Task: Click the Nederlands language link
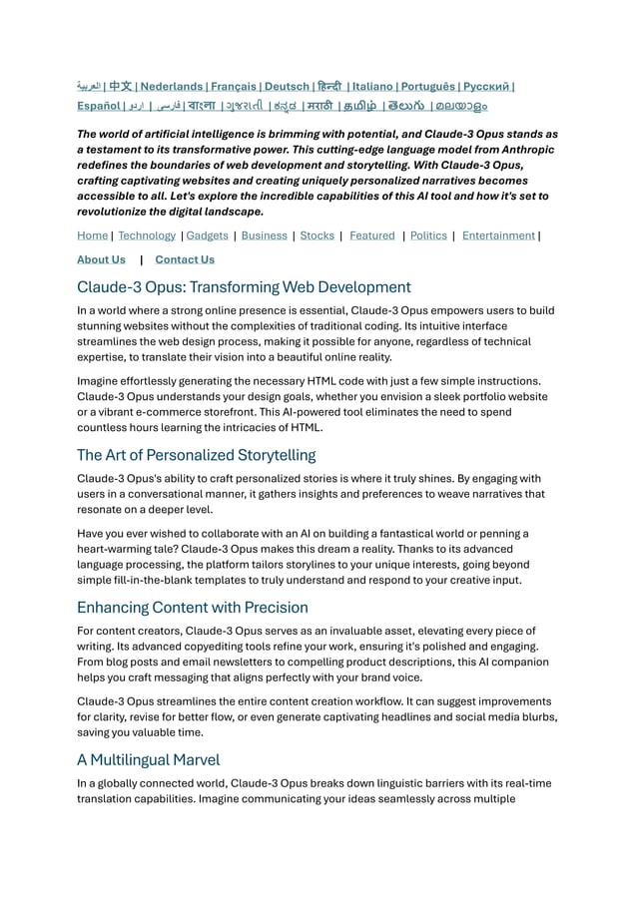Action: click(172, 87)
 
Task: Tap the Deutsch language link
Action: click(287, 87)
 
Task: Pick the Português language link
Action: click(435, 87)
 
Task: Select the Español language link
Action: click(99, 106)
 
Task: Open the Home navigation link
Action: click(92, 235)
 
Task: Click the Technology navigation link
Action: click(147, 235)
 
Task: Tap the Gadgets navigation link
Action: click(207, 235)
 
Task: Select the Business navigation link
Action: click(264, 235)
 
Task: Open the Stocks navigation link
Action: click(317, 235)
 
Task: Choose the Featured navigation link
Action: click(371, 235)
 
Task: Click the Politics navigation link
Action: click(428, 235)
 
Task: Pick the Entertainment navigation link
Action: click(497, 235)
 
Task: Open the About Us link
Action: click(101, 259)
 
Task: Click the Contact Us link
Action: click(185, 259)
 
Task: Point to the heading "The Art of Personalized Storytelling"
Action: click(196, 455)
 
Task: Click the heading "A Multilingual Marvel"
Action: click(148, 759)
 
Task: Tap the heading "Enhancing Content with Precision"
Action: click(192, 607)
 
